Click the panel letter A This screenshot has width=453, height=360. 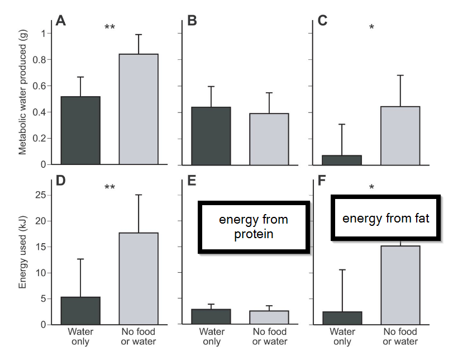point(61,21)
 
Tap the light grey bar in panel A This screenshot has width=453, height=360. point(139,109)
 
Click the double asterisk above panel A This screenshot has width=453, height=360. point(109,27)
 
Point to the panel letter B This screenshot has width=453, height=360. point(192,21)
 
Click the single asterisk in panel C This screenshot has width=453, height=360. point(371,27)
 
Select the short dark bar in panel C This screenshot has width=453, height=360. point(342,160)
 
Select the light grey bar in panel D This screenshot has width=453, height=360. point(139,278)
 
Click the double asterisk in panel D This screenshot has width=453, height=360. point(109,187)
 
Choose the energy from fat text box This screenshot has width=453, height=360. point(386,218)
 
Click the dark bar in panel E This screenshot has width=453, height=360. point(211,316)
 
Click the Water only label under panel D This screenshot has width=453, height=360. point(80,337)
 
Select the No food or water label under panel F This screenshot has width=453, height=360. point(400,337)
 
